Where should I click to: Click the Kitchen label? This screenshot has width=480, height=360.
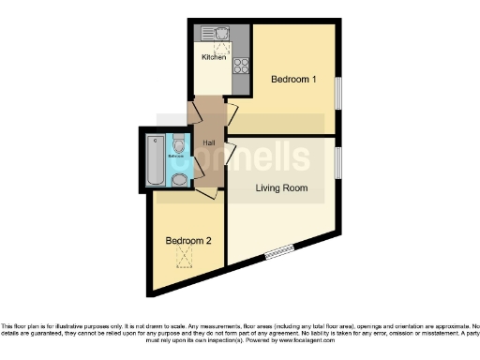point(214,57)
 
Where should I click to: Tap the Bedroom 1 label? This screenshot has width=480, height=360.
point(293,80)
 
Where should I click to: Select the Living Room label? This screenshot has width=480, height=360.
point(281,188)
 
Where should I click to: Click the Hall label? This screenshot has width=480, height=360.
point(211,142)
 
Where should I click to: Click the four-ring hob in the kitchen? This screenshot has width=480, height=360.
point(240,65)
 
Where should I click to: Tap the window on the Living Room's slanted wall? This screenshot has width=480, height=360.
point(277,251)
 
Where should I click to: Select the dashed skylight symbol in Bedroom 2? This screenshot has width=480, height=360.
point(187,258)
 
